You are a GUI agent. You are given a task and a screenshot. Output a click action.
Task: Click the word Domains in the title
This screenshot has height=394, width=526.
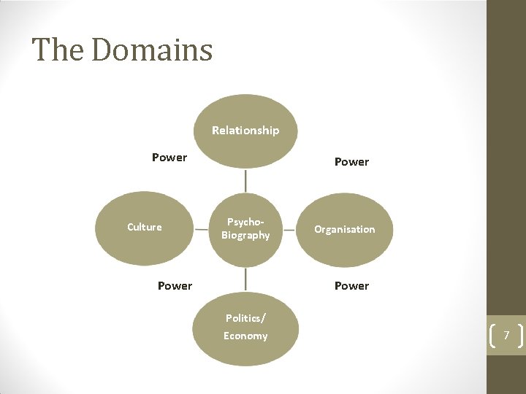[152, 50]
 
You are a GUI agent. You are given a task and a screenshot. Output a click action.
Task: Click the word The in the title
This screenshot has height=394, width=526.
[58, 50]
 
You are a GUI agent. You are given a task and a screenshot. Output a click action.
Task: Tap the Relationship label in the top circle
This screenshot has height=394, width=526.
[245, 131]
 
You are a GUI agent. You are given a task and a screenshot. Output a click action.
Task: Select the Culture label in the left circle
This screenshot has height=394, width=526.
[145, 227]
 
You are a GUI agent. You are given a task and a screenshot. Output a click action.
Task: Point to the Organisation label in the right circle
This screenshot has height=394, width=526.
[345, 229]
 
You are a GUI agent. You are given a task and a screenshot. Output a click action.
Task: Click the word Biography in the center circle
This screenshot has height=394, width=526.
[245, 236]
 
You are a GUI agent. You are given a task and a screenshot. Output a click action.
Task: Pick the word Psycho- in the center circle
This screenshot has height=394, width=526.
[245, 221]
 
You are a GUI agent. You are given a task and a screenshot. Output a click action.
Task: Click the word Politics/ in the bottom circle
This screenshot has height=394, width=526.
[245, 318]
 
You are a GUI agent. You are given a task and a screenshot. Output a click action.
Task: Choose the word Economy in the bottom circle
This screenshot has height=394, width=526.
[245, 336]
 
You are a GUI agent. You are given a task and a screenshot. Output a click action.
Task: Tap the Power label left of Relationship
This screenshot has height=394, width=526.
[169, 158]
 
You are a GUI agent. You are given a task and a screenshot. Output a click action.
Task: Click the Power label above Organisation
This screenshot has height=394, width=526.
[351, 162]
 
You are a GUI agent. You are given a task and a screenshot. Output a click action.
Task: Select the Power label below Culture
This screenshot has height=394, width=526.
[175, 286]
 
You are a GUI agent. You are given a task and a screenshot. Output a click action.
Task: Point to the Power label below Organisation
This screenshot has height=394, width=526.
[351, 286]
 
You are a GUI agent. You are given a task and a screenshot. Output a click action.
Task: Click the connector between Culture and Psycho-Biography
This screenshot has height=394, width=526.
[201, 228]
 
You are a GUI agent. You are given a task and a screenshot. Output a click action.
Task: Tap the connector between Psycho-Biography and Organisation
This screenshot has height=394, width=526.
[289, 228]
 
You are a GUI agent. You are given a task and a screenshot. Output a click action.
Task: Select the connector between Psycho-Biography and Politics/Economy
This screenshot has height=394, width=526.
[245, 278]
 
